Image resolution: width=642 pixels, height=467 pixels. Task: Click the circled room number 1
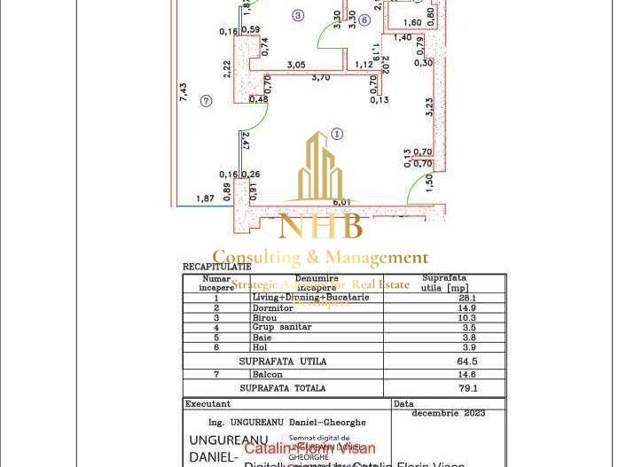tap(337, 135)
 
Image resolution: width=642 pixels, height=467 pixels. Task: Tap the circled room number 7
tap(206, 102)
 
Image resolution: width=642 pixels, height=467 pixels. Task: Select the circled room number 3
tap(298, 15)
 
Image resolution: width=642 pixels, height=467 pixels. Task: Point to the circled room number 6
tap(364, 20)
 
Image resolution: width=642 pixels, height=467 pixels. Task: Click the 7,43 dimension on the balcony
tap(183, 91)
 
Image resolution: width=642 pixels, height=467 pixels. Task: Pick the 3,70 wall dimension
tap(320, 77)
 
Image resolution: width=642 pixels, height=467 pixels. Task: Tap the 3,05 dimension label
tap(297, 64)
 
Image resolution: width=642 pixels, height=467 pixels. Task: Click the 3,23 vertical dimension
tap(430, 107)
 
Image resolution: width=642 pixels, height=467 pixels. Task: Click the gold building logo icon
tap(320, 168)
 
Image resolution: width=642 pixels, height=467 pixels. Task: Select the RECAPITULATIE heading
tap(216, 267)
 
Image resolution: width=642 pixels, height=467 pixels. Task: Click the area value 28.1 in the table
tap(466, 299)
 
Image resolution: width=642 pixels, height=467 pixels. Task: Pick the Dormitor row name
tap(272, 308)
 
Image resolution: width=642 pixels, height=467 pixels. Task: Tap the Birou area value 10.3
tap(466, 318)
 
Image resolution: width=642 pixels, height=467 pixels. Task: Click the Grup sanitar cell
tap(282, 327)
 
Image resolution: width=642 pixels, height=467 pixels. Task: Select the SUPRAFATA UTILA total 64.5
tap(466, 362)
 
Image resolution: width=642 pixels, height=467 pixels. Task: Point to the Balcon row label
tap(266, 375)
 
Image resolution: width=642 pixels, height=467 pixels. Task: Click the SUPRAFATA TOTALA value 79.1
tap(466, 388)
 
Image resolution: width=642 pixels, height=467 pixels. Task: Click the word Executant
tap(207, 404)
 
